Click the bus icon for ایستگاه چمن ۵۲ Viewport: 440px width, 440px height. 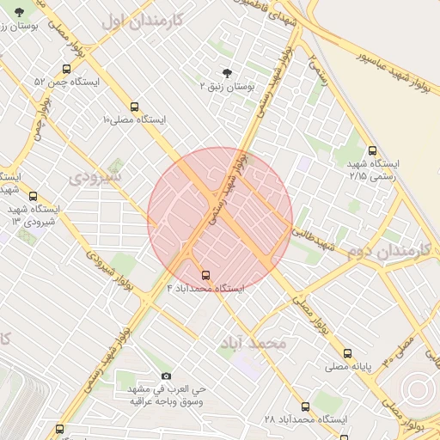pyautogui.click(x=66, y=70)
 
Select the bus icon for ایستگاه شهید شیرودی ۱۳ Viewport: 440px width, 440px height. pyautogui.click(x=33, y=197)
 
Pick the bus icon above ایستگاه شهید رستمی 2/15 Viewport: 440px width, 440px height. pyautogui.click(x=370, y=150)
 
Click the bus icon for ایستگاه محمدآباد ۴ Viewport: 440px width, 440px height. pyautogui.click(x=205, y=276)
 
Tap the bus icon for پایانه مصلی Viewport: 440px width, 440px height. pyautogui.click(x=347, y=352)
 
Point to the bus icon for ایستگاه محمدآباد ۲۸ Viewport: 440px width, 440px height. pyautogui.click(x=305, y=406)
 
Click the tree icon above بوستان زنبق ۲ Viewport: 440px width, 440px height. pyautogui.click(x=226, y=73)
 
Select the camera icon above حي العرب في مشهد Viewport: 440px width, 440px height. pyautogui.click(x=166, y=376)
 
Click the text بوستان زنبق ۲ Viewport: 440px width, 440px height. pyautogui.click(x=226, y=87)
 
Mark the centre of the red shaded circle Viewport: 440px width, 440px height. pyautogui.click(x=220, y=220)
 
